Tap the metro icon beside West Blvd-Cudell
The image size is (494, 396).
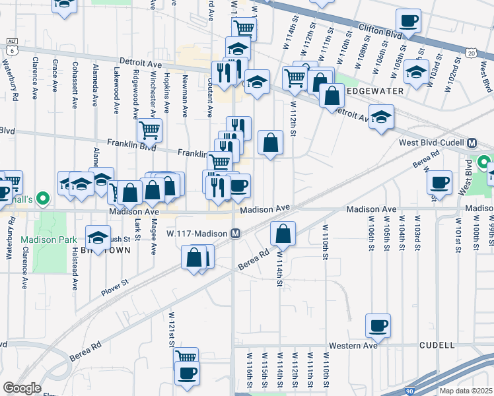472,143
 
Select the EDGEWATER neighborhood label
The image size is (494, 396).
369,91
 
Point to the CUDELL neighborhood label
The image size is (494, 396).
437,345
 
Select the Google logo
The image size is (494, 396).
22,388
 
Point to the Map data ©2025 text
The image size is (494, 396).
466,391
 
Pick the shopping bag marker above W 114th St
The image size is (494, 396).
283,232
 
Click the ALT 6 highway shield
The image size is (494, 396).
11,45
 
